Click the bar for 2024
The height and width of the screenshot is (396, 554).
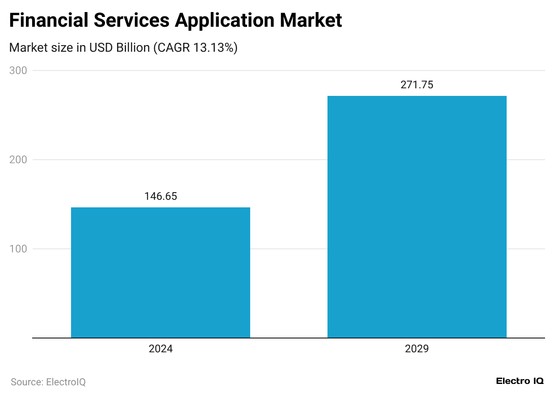pos(160,272)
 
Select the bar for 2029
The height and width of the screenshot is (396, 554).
pos(417,217)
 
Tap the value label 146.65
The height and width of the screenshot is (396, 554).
pos(160,197)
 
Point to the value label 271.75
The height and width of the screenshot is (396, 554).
pos(417,85)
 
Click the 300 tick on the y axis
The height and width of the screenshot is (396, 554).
pos(18,70)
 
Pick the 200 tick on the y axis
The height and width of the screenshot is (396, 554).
pos(18,160)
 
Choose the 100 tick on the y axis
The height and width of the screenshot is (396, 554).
pos(18,249)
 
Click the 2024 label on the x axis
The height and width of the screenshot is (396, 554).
pos(160,349)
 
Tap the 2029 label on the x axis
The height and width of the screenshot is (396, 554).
pos(417,349)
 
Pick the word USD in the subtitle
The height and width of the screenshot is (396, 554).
pos(101,48)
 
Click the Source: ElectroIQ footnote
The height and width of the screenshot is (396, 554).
pos(48,382)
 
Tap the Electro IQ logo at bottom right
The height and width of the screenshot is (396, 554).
pos(520,381)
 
